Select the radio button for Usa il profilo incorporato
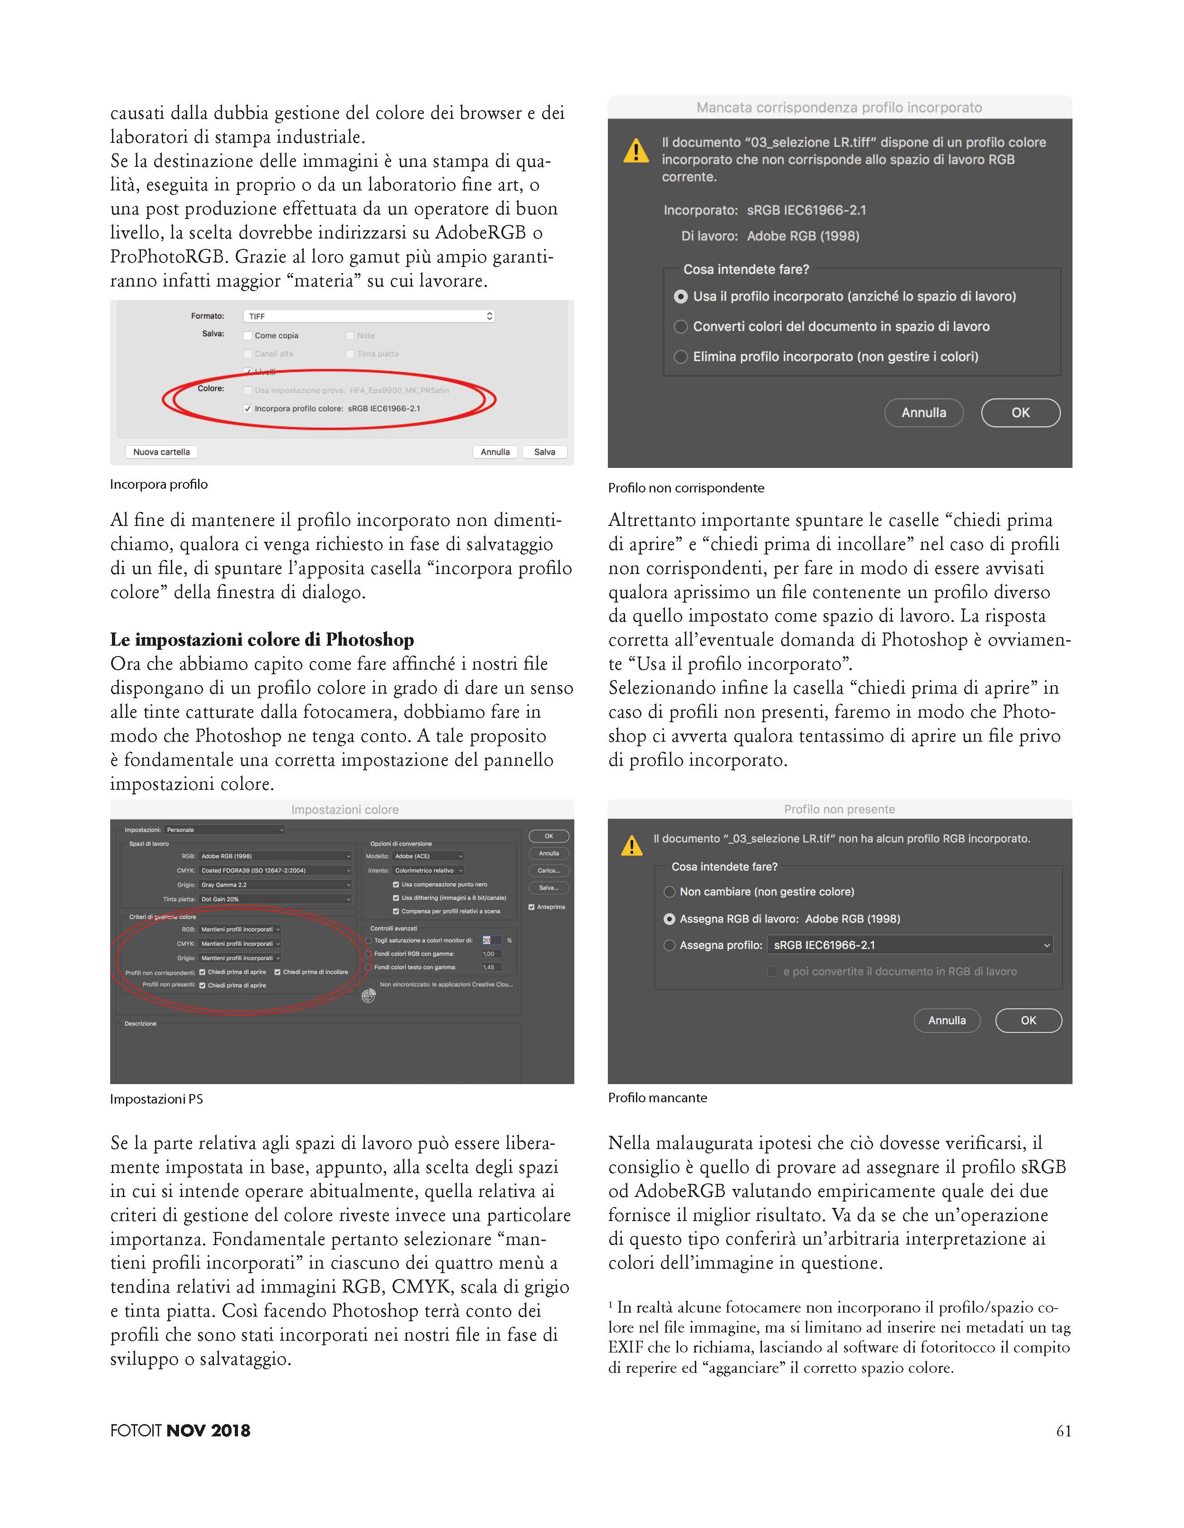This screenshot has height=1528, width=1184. pyautogui.click(x=680, y=297)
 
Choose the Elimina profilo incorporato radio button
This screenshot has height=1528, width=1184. pyautogui.click(x=680, y=357)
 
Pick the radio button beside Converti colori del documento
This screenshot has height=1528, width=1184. pyautogui.click(x=680, y=327)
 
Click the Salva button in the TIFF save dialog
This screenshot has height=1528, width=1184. pyautogui.click(x=544, y=452)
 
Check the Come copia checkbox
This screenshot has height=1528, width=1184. pyautogui.click(x=247, y=336)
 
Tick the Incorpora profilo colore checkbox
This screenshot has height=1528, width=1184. pyautogui.click(x=247, y=409)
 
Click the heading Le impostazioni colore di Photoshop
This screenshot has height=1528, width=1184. pyautogui.click(x=262, y=639)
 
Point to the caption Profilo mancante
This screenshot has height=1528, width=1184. pyautogui.click(x=657, y=1098)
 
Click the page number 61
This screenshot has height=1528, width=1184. pyautogui.click(x=1063, y=1431)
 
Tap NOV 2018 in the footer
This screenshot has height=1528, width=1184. pyautogui.click(x=209, y=1431)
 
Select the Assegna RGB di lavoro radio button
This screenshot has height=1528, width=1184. pyautogui.click(x=669, y=919)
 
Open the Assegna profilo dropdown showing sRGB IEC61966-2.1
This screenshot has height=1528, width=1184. pyautogui.click(x=909, y=945)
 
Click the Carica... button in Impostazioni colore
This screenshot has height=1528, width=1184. pyautogui.click(x=548, y=871)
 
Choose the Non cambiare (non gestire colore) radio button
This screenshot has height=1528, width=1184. pyautogui.click(x=669, y=892)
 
